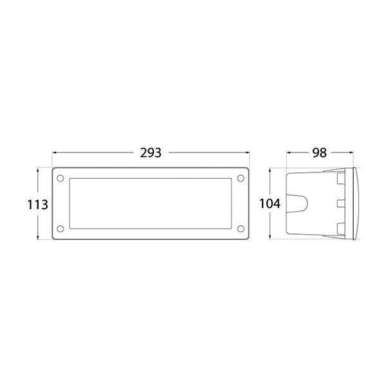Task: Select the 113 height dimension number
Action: coord(37,205)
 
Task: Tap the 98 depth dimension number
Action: coord(319,153)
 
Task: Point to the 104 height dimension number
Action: coord(270,205)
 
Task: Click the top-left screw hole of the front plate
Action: coord(59,178)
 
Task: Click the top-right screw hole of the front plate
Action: coord(241,178)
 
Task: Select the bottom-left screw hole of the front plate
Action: coord(59,228)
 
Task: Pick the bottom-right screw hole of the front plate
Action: coord(241,228)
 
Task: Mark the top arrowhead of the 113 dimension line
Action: coord(44,171)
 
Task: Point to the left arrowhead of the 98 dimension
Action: coord(289,153)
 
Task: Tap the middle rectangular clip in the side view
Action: coord(339,204)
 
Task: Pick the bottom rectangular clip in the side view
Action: coord(339,228)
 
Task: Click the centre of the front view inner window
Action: coord(151,203)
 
